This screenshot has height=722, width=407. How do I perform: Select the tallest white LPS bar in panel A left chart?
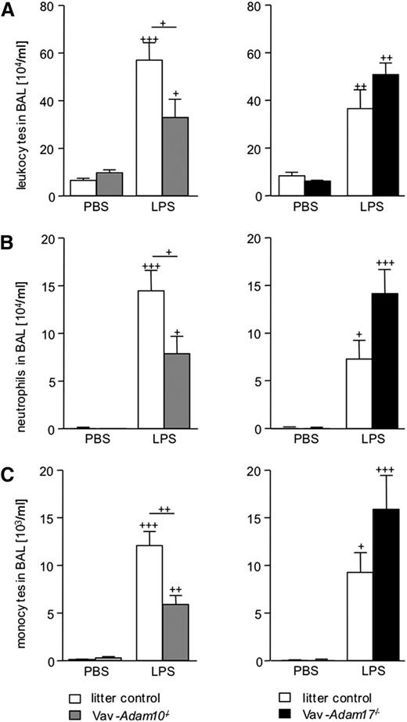point(149,128)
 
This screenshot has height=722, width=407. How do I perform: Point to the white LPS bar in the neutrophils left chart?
point(149,359)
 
